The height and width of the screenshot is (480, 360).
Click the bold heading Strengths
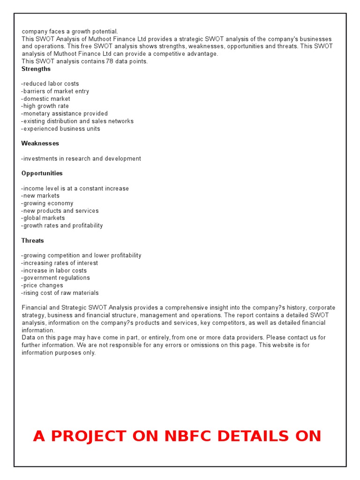pos(36,69)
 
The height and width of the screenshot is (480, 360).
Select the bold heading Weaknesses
pos(40,143)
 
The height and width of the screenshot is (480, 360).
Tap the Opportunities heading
pos(42,173)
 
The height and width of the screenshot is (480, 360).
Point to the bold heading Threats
pos(33,240)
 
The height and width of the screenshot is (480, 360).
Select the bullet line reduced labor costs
pos(50,84)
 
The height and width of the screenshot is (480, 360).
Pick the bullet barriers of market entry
pos(55,91)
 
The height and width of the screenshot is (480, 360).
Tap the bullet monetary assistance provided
pos(65,114)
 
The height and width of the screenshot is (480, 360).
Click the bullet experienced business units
pos(61,129)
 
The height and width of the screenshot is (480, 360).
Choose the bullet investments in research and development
pos(81,158)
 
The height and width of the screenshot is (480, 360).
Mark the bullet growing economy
pos(47,203)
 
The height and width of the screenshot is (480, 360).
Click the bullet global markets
pos(43,218)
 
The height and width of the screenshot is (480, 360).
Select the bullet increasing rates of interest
pos(60,263)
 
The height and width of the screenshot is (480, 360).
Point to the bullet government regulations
pos(55,278)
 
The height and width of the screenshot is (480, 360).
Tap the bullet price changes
pos(42,285)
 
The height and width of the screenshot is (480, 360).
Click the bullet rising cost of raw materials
pos(60,293)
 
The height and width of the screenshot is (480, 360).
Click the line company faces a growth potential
pos(70,31)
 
